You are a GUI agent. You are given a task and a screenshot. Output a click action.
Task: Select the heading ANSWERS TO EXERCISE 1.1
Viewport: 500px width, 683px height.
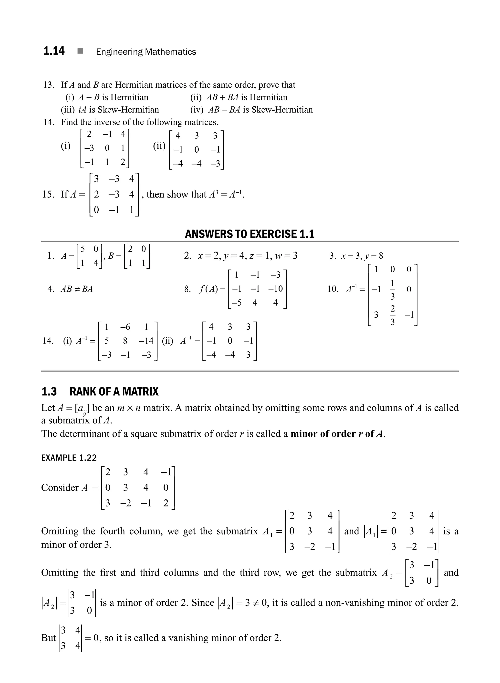click(x=250, y=234)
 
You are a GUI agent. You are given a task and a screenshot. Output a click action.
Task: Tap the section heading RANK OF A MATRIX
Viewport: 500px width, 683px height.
click(x=114, y=391)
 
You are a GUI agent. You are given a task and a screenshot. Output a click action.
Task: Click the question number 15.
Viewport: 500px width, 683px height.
click(x=48, y=194)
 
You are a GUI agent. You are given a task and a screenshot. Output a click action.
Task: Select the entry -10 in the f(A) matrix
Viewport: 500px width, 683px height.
click(x=275, y=289)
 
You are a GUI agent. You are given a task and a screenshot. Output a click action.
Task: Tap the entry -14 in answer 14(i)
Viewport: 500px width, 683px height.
click(x=146, y=341)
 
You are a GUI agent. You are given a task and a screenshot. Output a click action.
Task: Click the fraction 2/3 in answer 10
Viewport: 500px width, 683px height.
click(x=393, y=315)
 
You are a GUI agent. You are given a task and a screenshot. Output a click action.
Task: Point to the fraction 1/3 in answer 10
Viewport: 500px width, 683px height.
click(x=393, y=289)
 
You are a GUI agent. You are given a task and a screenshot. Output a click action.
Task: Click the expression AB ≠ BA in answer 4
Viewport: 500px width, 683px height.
click(x=77, y=289)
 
